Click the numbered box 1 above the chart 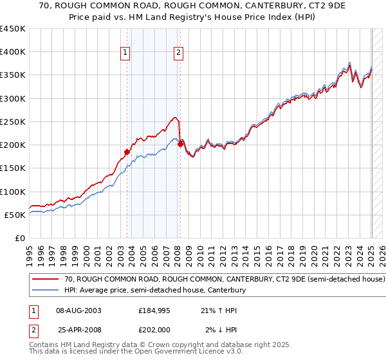(x=125, y=53)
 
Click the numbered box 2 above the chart (x=178, y=53)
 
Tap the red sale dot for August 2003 (x=127, y=152)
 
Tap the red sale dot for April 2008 (x=180, y=144)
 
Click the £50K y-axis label (x=15, y=215)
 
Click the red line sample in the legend (x=46, y=280)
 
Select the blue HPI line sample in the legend (x=46, y=291)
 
